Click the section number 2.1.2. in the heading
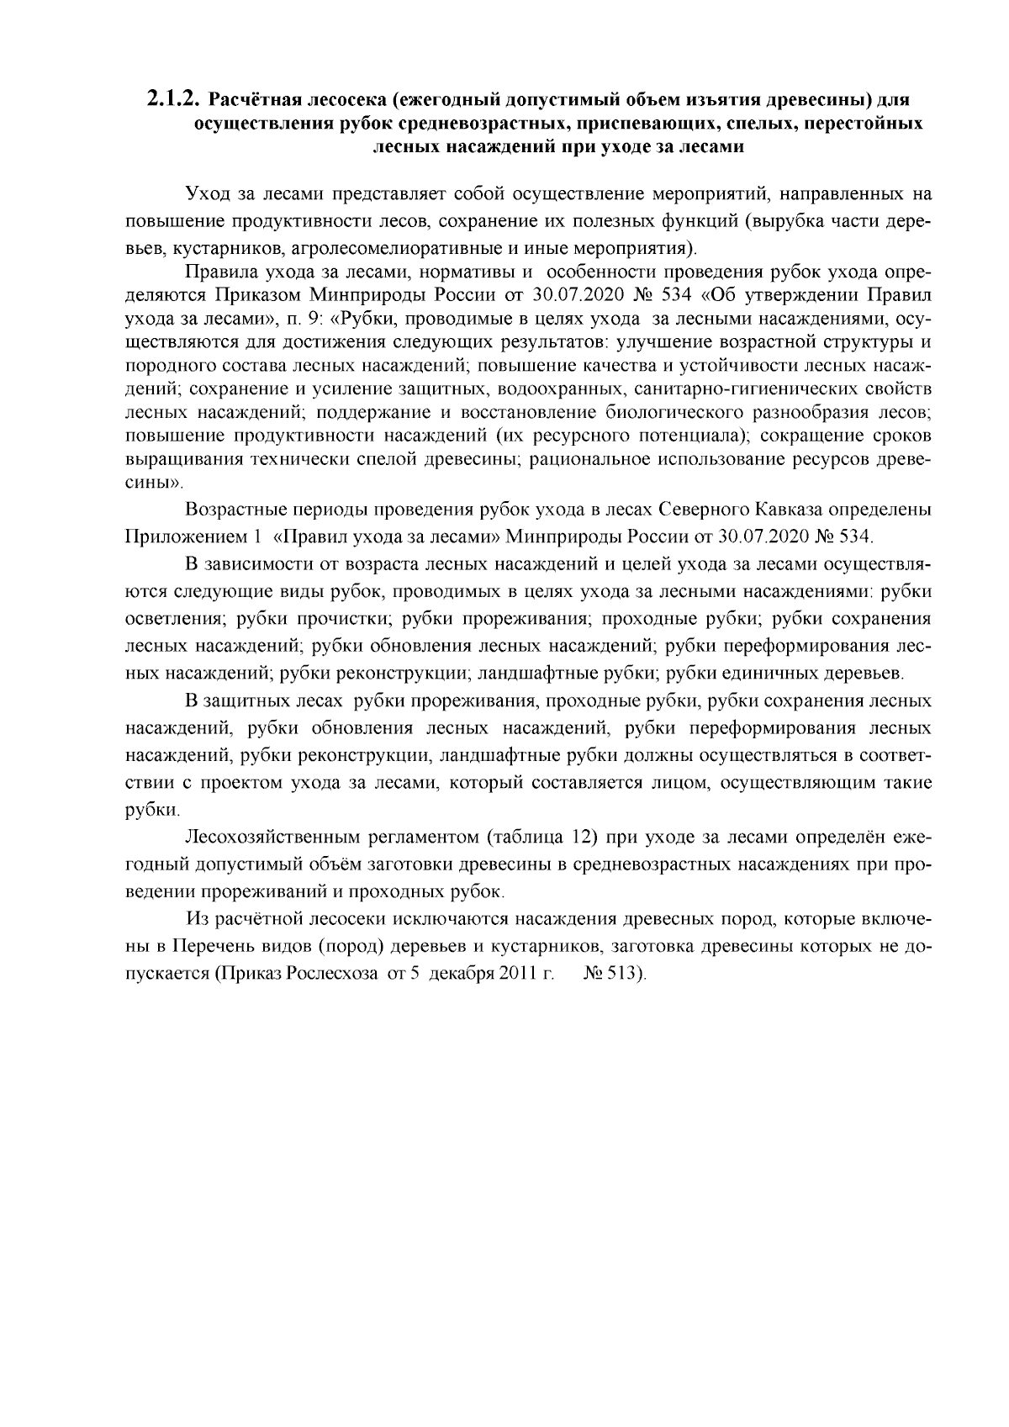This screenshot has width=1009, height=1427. click(173, 99)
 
